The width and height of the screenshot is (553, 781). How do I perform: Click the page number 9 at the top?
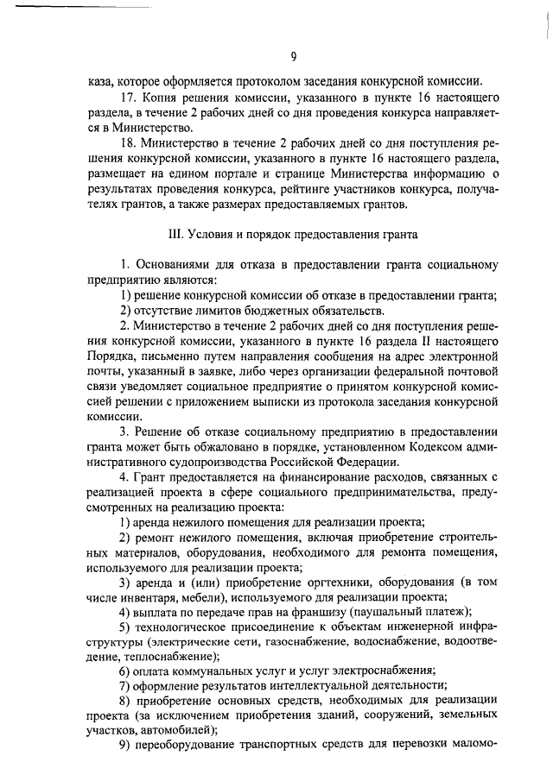(x=294, y=58)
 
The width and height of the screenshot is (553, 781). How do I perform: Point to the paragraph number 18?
(x=128, y=144)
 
